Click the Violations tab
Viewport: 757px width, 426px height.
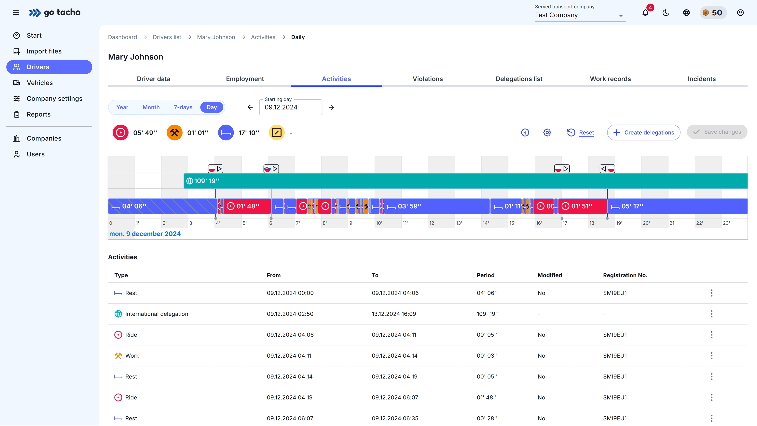pos(428,79)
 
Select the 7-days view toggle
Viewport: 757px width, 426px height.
pos(183,107)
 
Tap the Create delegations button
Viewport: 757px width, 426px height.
pos(644,132)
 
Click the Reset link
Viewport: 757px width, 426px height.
pos(586,132)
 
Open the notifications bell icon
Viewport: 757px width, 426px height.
pos(645,13)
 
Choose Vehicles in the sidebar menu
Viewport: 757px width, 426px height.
pos(40,83)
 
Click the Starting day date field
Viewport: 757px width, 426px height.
pos(290,107)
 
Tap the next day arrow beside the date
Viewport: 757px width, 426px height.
pos(331,107)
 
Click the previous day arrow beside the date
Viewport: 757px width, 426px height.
pos(250,107)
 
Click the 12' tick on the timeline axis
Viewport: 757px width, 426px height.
pos(432,223)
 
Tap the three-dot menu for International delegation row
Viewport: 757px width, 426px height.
pos(711,314)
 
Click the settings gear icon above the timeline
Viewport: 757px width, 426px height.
pos(547,132)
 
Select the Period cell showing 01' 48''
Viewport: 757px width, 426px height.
pos(486,397)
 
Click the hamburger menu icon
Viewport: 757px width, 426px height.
pos(16,13)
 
